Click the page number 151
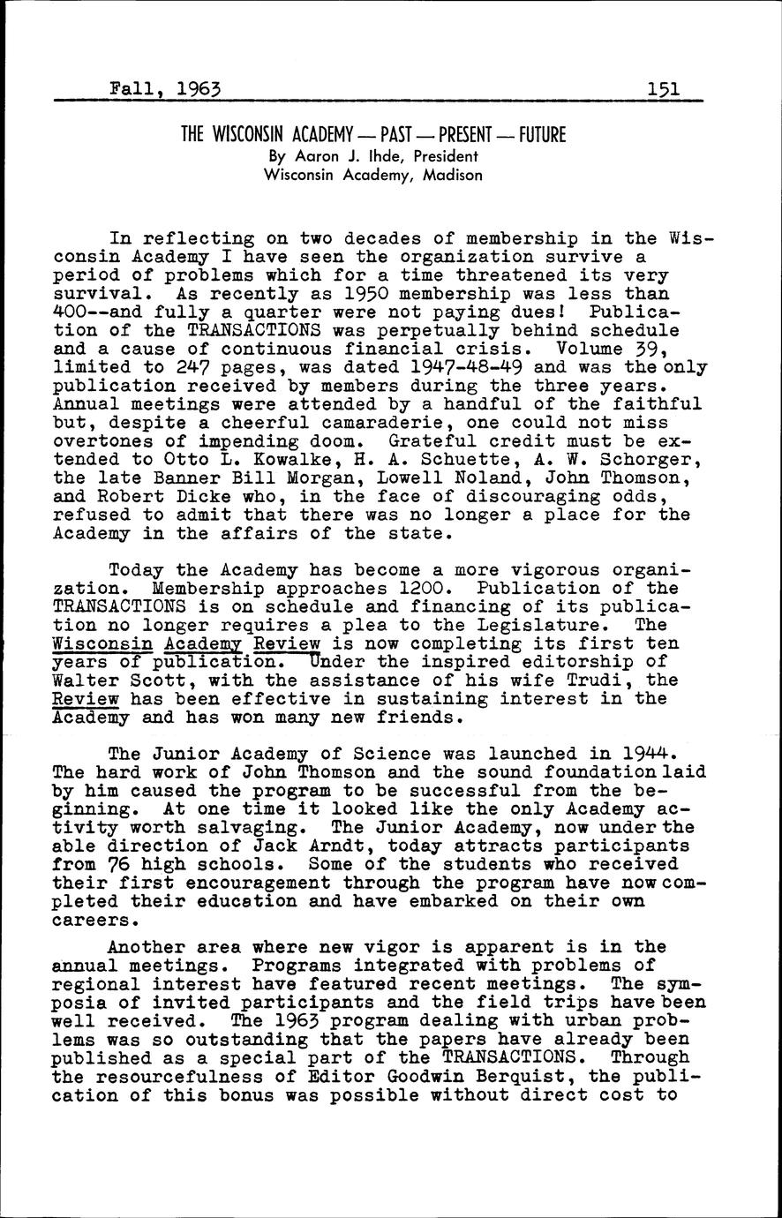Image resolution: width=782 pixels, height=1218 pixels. point(662,88)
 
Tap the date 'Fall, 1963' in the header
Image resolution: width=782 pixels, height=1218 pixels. point(165,88)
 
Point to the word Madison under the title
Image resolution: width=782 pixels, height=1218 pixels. point(452,175)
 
